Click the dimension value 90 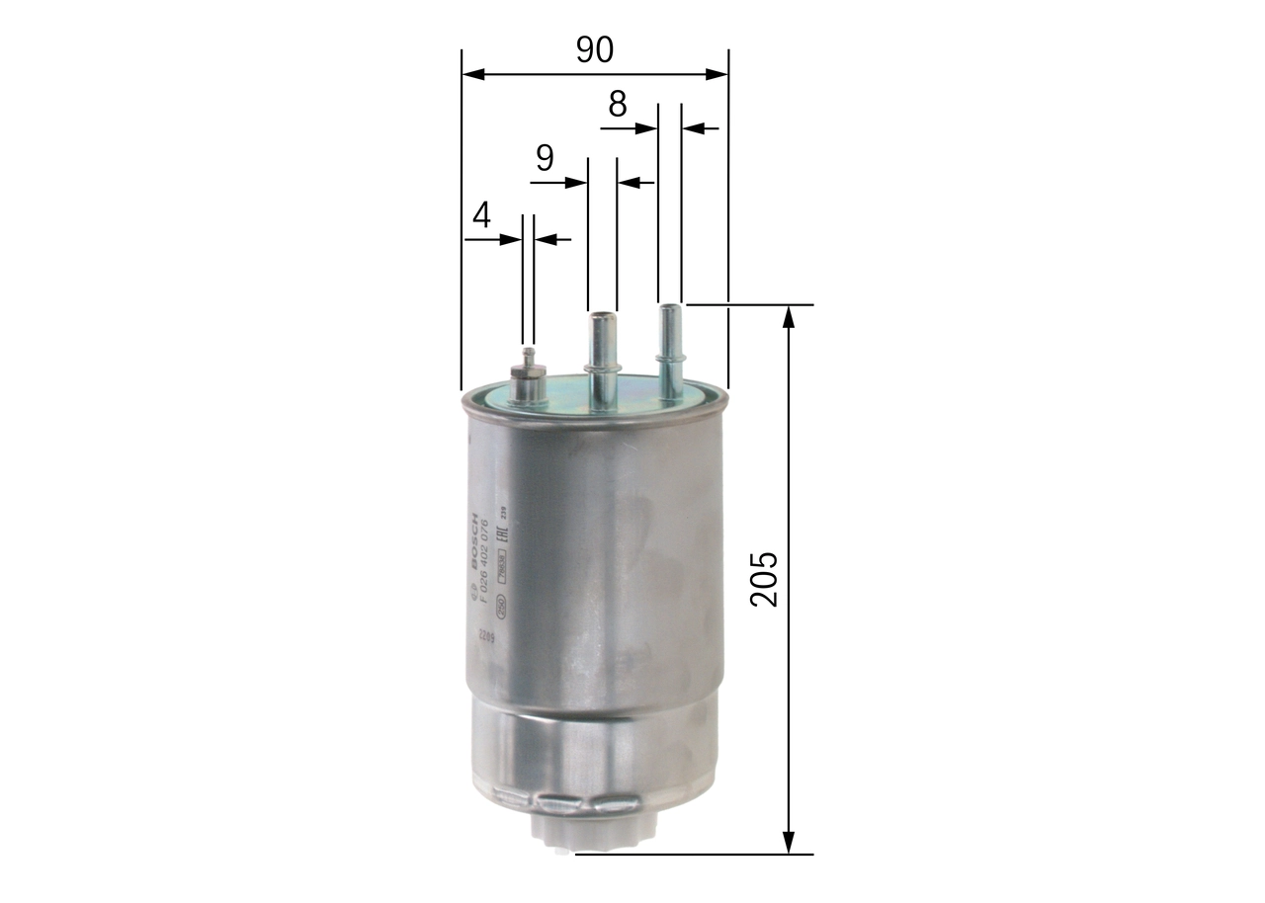pos(595,50)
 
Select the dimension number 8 pos(618,104)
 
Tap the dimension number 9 pos(545,158)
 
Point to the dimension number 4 pos(482,215)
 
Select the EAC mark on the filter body pos(501,538)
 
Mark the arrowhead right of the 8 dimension pos(693,127)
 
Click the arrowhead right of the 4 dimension pos(545,239)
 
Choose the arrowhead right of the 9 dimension pos(628,183)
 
